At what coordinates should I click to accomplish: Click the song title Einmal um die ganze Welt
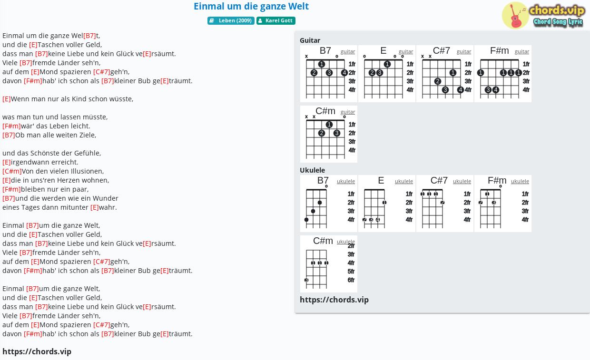(x=251, y=6)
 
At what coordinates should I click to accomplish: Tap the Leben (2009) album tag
(x=231, y=20)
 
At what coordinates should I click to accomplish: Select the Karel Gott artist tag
(x=276, y=20)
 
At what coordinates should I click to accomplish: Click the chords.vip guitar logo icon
(x=515, y=15)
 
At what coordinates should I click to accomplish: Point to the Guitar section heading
(x=310, y=40)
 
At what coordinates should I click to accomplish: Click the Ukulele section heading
(x=313, y=170)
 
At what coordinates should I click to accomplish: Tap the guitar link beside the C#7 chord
(x=464, y=52)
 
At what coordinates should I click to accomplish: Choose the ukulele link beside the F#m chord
(x=520, y=181)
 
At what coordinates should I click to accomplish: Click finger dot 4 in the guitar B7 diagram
(x=344, y=73)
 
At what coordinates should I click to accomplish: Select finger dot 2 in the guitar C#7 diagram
(x=437, y=81)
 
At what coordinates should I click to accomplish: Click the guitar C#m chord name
(x=325, y=111)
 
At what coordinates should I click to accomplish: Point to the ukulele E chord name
(x=381, y=180)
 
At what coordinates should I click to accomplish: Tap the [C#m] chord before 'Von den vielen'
(x=12, y=171)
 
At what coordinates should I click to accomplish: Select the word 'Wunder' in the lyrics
(x=105, y=198)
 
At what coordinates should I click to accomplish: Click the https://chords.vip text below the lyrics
(x=37, y=351)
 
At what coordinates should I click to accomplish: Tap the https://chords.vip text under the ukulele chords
(x=334, y=300)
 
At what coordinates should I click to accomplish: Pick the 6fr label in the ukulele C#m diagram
(x=351, y=280)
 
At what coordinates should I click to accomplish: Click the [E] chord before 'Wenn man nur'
(x=7, y=99)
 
